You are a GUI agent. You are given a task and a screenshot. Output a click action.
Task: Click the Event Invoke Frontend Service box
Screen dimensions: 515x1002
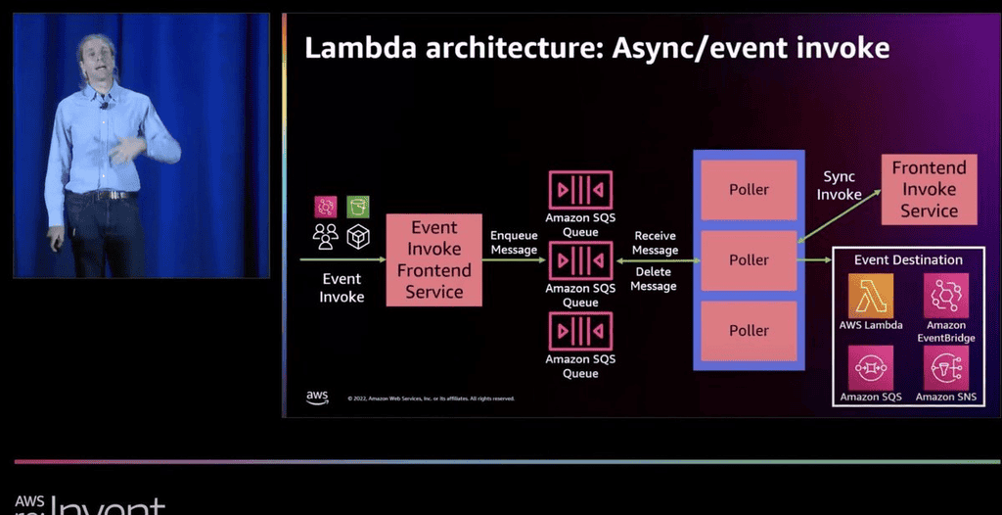[x=434, y=259]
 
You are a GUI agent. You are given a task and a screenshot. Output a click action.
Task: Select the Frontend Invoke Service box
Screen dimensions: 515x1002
[x=929, y=189]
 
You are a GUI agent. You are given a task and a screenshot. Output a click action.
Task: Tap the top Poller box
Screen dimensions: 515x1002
[x=749, y=189]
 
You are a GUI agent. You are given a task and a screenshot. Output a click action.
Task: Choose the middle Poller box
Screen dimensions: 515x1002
[x=749, y=259]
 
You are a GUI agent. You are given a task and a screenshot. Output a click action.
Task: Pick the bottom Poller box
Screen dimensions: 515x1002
[x=749, y=330]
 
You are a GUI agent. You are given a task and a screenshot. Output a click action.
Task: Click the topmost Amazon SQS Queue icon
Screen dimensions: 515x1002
[x=580, y=190]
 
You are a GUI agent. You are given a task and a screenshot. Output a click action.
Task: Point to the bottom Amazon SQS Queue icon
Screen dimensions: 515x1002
[x=580, y=331]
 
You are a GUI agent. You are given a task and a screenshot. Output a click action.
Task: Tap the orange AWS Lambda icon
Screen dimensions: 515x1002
[x=871, y=296]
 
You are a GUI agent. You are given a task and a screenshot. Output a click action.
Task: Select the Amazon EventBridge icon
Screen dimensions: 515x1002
[x=945, y=296]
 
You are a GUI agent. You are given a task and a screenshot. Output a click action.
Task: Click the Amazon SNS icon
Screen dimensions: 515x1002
[x=945, y=368]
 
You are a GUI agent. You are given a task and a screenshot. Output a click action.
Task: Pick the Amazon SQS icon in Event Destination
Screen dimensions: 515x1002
[x=871, y=368]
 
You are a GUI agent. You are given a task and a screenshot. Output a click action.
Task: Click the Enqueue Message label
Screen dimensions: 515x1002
[x=514, y=243]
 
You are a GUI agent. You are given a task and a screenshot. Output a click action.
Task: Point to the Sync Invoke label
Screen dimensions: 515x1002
[x=840, y=185]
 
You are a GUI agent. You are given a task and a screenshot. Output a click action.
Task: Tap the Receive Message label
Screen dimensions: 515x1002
[x=655, y=243]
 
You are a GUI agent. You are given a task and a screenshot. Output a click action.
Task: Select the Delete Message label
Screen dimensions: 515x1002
[x=655, y=278]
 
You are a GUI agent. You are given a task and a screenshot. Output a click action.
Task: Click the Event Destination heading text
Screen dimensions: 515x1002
[x=908, y=259]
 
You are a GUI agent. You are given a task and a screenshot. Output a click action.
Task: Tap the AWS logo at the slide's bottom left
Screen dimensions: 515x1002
[x=317, y=397]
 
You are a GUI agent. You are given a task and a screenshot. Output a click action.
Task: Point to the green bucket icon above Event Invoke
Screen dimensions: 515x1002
[x=358, y=207]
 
